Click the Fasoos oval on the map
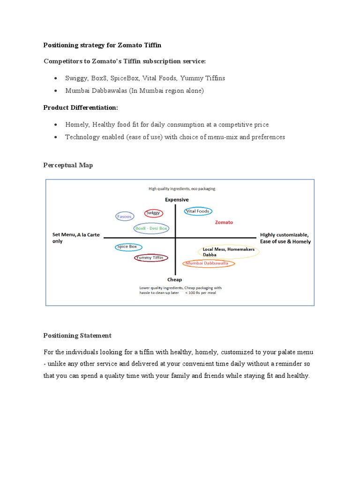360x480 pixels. coord(125,216)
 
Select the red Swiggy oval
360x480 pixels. coord(153,213)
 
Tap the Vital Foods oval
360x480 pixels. coord(198,211)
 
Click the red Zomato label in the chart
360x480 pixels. coord(224,222)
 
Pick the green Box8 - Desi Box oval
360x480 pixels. coord(151,228)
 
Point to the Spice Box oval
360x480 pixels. coord(128,247)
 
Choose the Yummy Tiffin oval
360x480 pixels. coord(151,257)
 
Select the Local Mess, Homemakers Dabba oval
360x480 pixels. coord(228,252)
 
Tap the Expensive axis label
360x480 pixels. coord(176,200)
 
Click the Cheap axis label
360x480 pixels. coord(175,280)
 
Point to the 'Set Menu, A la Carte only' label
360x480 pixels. coord(76,238)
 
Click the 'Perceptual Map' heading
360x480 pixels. coord(68,165)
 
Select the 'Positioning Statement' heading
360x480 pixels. coord(77,335)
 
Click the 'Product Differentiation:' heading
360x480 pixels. coord(81,107)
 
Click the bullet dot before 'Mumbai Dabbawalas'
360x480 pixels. coord(56,91)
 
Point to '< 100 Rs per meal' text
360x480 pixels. coord(201,292)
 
